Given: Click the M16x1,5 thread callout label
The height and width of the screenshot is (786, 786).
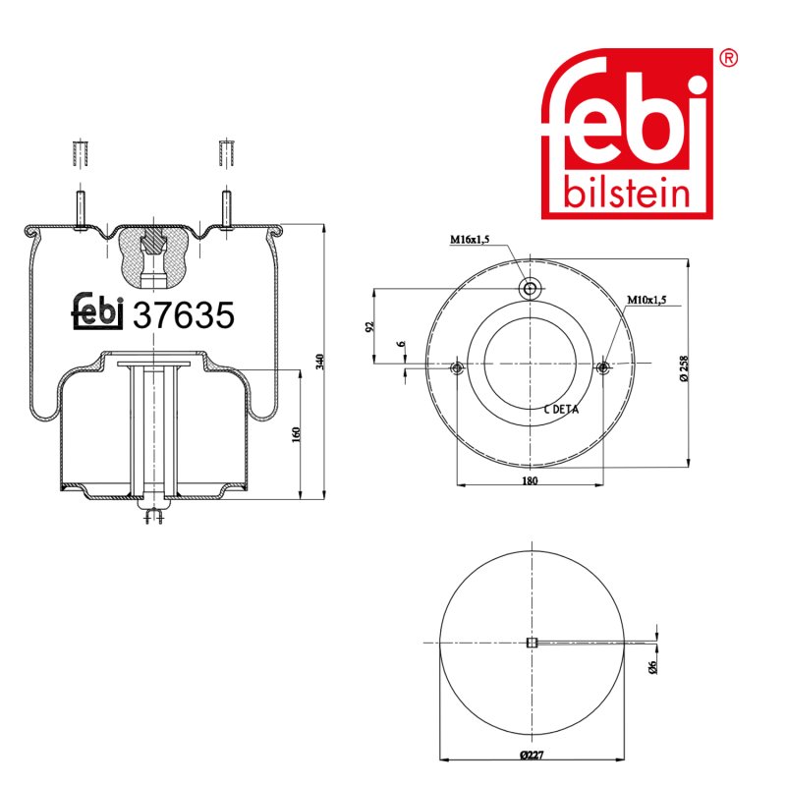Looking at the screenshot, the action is pyautogui.click(x=470, y=240).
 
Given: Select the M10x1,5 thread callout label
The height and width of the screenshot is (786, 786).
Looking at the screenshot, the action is pyautogui.click(x=646, y=300).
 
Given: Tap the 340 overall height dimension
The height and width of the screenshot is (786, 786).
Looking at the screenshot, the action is pyautogui.click(x=321, y=362).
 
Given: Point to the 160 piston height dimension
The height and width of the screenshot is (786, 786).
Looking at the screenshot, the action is pyautogui.click(x=296, y=434).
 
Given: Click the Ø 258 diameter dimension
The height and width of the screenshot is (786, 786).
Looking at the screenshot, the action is pyautogui.click(x=684, y=368).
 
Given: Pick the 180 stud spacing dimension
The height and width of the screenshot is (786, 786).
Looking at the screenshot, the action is pyautogui.click(x=530, y=480).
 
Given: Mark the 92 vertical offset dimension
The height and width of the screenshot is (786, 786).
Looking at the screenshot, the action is pyautogui.click(x=370, y=326).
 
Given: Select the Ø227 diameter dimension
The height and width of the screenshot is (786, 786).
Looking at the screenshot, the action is pyautogui.click(x=532, y=755).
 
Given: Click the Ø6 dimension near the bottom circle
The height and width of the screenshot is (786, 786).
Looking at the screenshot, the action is pyautogui.click(x=652, y=667).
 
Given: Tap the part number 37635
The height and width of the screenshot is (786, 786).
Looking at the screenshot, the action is pyautogui.click(x=184, y=315).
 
